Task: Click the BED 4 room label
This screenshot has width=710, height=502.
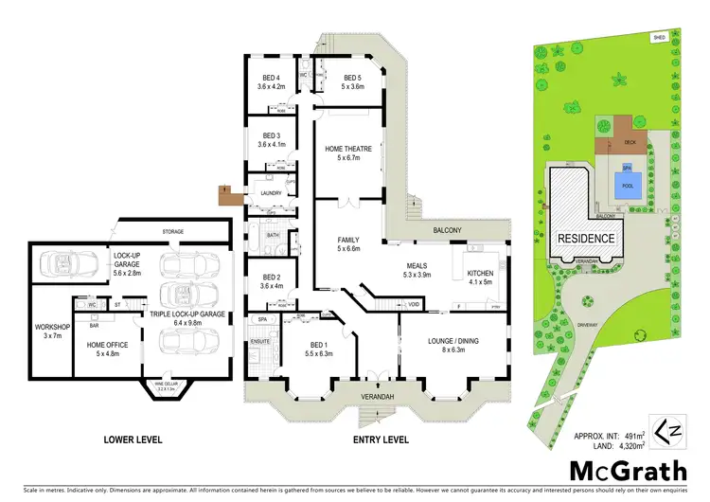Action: coord(272,79)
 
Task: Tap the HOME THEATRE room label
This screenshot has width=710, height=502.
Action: coord(348,150)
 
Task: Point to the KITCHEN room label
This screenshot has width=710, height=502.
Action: coord(481,275)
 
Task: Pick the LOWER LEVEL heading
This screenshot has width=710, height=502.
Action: coord(133,439)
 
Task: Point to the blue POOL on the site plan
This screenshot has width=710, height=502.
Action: coord(626,186)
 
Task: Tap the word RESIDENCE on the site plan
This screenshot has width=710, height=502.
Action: coord(586,239)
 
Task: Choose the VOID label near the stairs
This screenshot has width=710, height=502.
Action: coord(413,304)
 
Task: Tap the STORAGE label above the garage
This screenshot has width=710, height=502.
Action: coord(172,230)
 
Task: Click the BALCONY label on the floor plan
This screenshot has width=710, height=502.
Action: coord(447,230)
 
